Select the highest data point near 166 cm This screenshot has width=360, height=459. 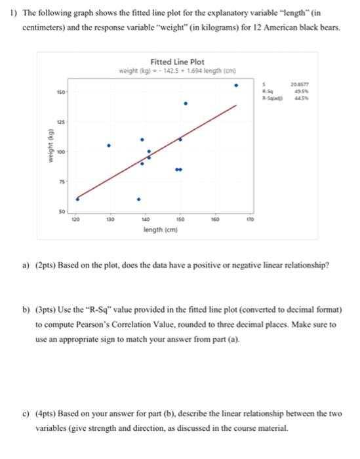coord(237,85)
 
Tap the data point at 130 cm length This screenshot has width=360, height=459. coord(109,145)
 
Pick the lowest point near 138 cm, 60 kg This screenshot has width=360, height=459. coord(138,199)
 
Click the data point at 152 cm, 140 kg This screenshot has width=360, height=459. coord(186,104)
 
